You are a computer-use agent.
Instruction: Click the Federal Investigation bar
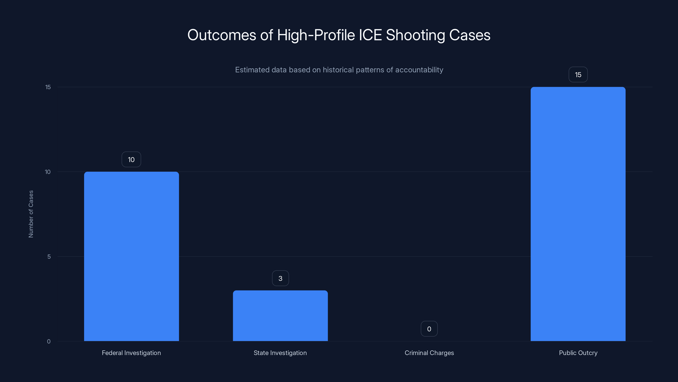click(131, 256)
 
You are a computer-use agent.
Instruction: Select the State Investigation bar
click(280, 316)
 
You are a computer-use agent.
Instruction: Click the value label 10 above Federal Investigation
click(131, 160)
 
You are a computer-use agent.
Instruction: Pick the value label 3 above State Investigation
click(280, 278)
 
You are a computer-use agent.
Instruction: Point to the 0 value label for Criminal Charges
click(429, 329)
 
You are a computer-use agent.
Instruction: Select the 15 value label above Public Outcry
click(578, 75)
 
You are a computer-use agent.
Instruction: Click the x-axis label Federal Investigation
click(131, 353)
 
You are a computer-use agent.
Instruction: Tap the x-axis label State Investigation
click(280, 353)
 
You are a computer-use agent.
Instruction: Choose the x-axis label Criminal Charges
click(429, 353)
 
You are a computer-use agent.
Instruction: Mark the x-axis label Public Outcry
click(578, 353)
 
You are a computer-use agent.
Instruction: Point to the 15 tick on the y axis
click(48, 87)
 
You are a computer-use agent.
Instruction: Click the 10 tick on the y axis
click(48, 172)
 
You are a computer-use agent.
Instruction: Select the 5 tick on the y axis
click(49, 257)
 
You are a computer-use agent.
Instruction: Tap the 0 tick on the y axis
click(49, 341)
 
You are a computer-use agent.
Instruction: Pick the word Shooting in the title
click(415, 35)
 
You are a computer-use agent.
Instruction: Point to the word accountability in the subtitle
click(419, 70)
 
